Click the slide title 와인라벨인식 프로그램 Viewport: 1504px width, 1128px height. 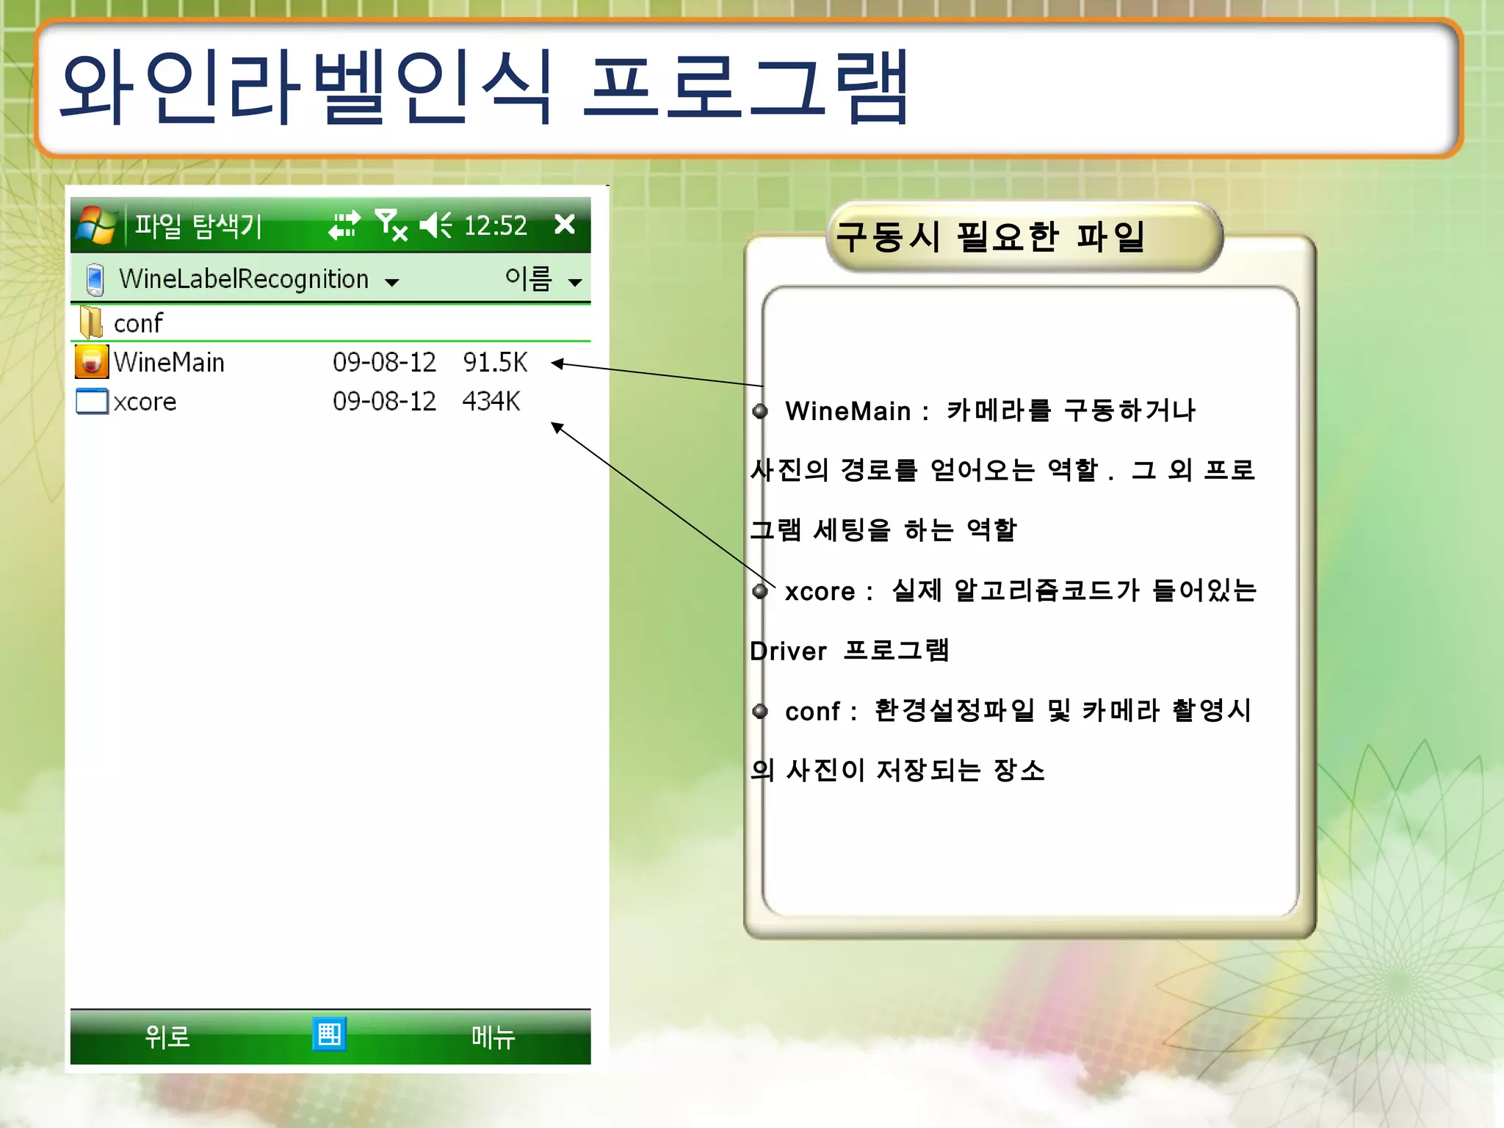485,88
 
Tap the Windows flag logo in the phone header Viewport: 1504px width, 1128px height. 95,225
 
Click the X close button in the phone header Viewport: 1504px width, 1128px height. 564,224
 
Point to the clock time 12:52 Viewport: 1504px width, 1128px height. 496,225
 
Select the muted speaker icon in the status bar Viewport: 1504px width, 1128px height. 435,225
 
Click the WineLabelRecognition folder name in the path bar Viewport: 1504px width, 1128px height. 243,279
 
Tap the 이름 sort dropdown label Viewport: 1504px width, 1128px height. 528,279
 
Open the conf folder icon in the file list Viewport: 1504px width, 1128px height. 91,322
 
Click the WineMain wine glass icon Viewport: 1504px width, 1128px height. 92,362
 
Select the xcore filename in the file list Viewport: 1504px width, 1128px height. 145,402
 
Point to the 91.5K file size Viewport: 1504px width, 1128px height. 495,362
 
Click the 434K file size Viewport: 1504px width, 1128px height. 491,402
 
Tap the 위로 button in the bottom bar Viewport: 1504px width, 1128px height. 167,1036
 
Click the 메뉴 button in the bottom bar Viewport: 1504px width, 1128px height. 493,1036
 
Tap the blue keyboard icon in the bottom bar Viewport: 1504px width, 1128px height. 329,1034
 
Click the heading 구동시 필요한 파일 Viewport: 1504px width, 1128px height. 991,237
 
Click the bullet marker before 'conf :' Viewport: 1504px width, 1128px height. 760,711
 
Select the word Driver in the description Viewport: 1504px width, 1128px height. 788,651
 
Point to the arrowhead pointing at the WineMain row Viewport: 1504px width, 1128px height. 557,363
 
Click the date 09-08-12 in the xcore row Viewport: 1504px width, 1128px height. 384,402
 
